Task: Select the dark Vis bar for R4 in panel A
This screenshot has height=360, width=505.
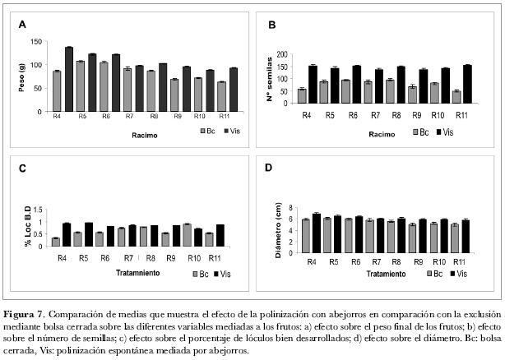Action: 69,79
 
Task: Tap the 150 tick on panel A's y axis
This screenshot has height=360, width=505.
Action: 35,41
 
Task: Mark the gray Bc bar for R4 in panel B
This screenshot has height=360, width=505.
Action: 303,95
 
